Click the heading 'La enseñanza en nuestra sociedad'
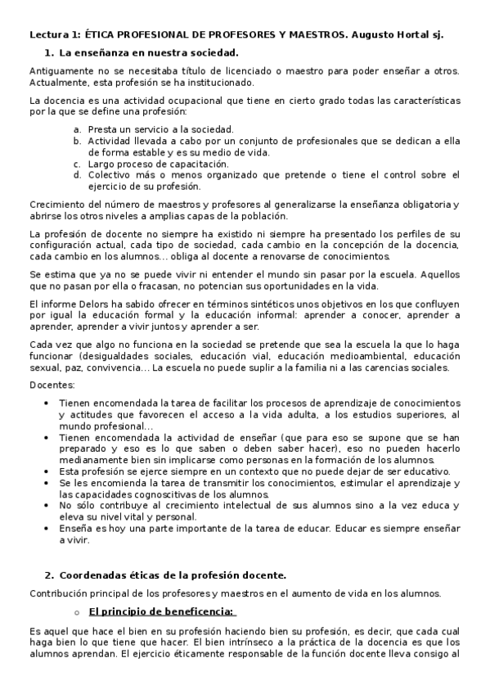pyautogui.click(x=136, y=52)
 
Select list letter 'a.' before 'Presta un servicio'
pyautogui.click(x=77, y=129)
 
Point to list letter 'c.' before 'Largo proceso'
pyautogui.click(x=77, y=164)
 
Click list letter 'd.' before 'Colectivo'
pyautogui.click(x=77, y=174)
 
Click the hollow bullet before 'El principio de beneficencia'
pyautogui.click(x=76, y=612)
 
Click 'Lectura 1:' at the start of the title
pyautogui.click(x=55, y=35)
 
